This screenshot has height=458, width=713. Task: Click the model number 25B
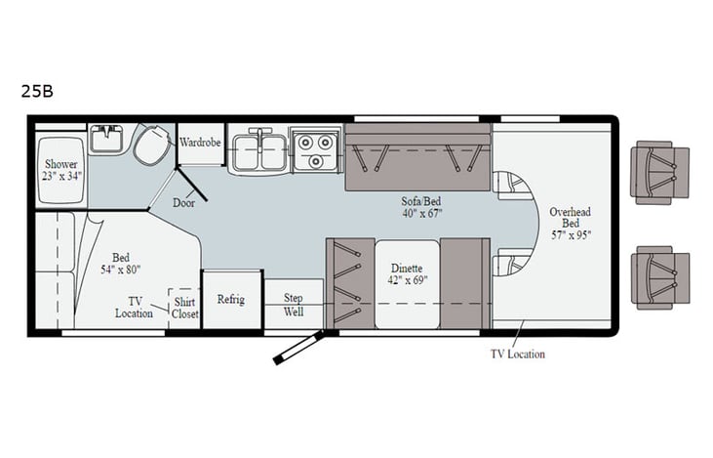tap(36, 92)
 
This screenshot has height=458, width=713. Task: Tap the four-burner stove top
tap(316, 148)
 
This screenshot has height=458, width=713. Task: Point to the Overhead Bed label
tap(570, 223)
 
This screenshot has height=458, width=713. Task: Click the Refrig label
tap(231, 299)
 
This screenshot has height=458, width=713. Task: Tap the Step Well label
tap(294, 305)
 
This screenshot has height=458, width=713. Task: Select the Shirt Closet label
tap(185, 308)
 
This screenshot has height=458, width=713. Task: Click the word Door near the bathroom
tap(183, 203)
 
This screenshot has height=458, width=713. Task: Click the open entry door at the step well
tap(298, 346)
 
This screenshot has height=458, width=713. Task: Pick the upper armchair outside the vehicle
tap(659, 172)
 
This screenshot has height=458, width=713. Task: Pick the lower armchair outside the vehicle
tap(659, 276)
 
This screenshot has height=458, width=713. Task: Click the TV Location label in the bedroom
tap(134, 307)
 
